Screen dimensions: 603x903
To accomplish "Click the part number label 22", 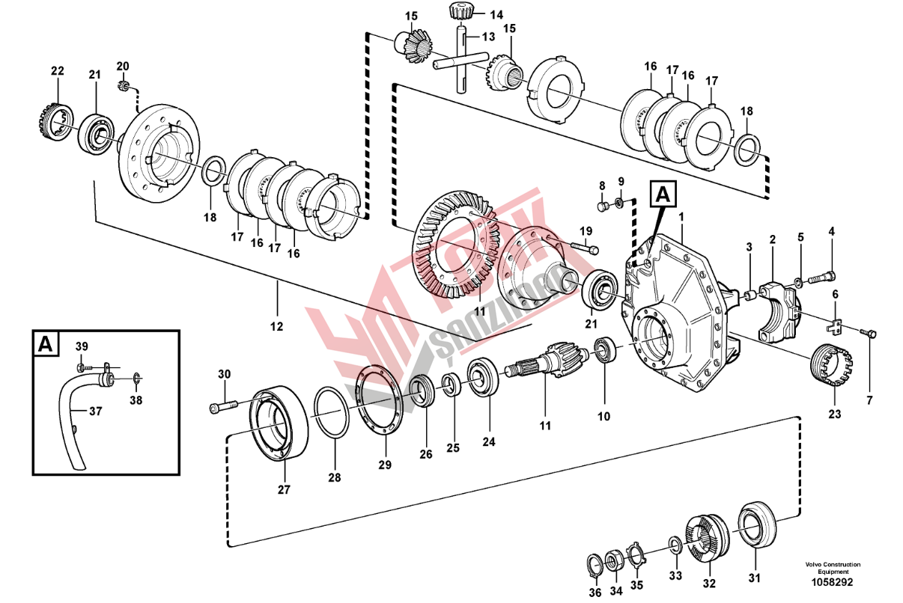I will pos(58,72).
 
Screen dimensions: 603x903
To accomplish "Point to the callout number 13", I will pos(488,37).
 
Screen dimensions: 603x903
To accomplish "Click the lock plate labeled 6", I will pos(836,326).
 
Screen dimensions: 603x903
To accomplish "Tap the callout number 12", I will pos(277,326).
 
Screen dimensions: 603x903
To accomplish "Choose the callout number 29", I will pos(384,464).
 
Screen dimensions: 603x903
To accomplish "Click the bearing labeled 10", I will pos(605,351).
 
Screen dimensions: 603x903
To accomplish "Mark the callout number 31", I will pos(753,577).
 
